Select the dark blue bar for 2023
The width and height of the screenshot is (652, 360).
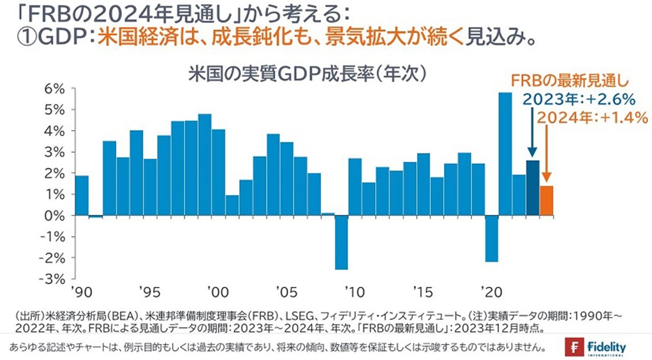coord(532,188)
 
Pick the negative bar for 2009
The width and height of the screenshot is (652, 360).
coord(341,242)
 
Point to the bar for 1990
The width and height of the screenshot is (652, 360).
coord(82,195)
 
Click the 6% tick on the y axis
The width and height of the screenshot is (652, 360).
coord(56,89)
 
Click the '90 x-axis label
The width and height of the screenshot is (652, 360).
coord(83,293)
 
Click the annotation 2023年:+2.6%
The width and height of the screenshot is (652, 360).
coord(578,99)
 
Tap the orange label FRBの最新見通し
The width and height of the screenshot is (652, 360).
coord(568,81)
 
